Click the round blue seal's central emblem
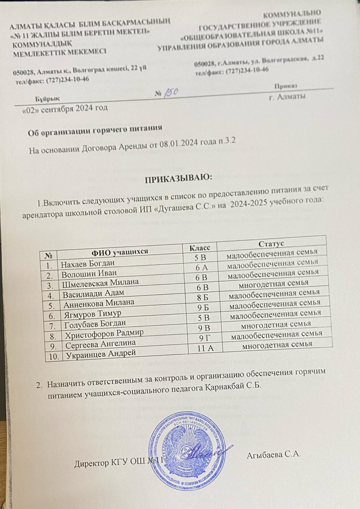[x=187, y=450]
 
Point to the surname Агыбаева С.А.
[x=272, y=455]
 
